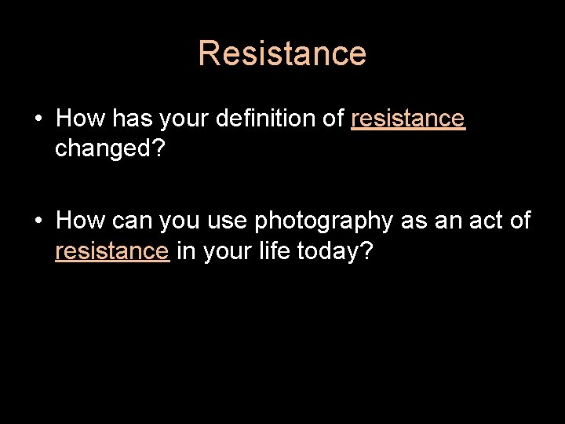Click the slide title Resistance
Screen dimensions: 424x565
pyautogui.click(x=282, y=53)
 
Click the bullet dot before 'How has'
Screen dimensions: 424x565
pyautogui.click(x=38, y=119)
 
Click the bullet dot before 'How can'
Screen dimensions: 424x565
pyautogui.click(x=38, y=221)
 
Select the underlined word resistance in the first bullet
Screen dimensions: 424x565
pyautogui.click(x=408, y=119)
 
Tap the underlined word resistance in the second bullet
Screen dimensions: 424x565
pyautogui.click(x=112, y=251)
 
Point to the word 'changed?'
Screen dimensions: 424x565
pyautogui.click(x=110, y=148)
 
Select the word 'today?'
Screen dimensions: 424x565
pyautogui.click(x=344, y=251)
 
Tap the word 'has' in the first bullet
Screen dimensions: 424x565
pyautogui.click(x=129, y=119)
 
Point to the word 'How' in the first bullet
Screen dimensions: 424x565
pyautogui.click(x=80, y=119)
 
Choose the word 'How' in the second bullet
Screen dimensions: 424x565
pyautogui.click(x=80, y=221)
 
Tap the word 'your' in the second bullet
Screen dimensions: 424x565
pyautogui.click(x=228, y=251)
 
